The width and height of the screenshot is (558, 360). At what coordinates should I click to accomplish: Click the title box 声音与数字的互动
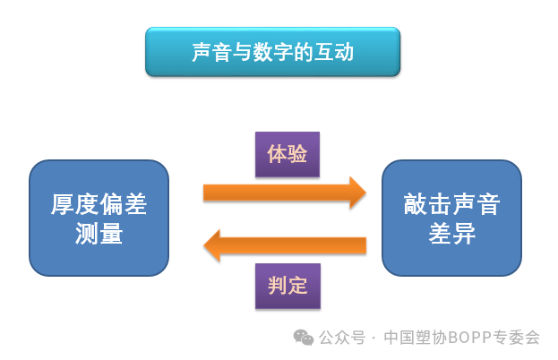coord(272,52)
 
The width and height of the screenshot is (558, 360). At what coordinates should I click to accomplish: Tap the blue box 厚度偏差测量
coord(99,218)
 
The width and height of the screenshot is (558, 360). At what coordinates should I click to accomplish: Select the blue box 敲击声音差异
coord(451,218)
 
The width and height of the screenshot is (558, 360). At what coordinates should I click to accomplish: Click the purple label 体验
coord(287,154)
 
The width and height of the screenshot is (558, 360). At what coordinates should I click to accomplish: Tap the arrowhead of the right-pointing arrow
coord(357,192)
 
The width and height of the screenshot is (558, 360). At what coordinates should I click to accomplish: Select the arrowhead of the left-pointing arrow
coord(212,244)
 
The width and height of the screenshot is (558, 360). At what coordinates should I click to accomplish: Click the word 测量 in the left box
coord(99,234)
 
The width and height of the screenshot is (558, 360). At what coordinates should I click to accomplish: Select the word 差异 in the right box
coord(451,234)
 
